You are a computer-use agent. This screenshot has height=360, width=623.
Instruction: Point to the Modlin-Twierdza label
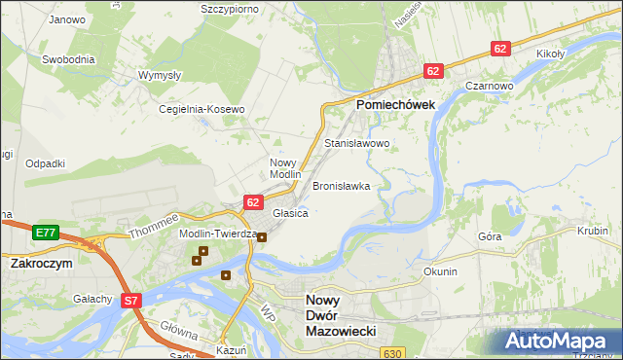click(x=216, y=234)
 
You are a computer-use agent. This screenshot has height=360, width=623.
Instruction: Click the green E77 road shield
click(x=44, y=233)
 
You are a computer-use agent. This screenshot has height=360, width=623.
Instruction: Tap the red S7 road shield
click(x=132, y=302)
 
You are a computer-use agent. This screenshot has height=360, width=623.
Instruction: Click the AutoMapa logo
click(x=558, y=341)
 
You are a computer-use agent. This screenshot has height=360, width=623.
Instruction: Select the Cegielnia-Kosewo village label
click(x=202, y=110)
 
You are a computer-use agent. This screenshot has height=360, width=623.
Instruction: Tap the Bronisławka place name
click(x=341, y=185)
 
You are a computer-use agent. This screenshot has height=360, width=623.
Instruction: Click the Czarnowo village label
click(x=489, y=86)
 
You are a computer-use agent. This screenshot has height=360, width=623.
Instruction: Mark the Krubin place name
click(x=592, y=232)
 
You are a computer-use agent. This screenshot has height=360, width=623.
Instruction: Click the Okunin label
click(x=440, y=271)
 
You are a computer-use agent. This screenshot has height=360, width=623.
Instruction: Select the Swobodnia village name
click(x=68, y=58)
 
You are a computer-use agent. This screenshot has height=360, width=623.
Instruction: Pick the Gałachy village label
click(x=92, y=298)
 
